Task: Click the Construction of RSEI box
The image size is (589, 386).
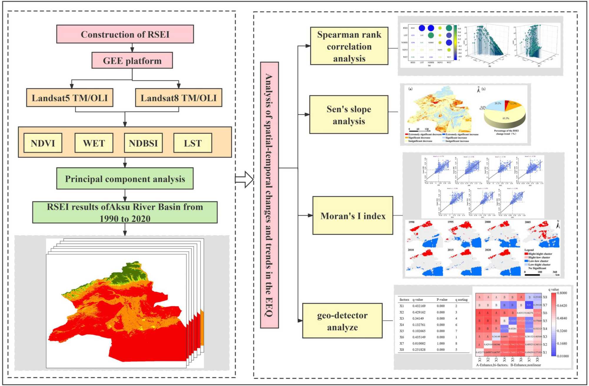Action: pos(125,34)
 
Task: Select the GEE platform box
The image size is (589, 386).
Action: pos(132,61)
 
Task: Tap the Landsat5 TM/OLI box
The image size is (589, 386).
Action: pos(70,98)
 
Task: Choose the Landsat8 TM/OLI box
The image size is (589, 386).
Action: pos(178,98)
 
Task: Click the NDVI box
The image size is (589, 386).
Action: pos(43,143)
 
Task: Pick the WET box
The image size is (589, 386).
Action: pos(94,143)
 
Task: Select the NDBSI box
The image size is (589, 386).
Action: pos(143,143)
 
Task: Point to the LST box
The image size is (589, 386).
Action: pos(193,143)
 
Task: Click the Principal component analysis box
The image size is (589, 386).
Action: pos(125,179)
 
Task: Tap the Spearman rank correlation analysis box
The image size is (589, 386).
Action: pos(349,46)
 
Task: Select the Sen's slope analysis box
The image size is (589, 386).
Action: pos(349,115)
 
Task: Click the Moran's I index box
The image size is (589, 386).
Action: pos(353,216)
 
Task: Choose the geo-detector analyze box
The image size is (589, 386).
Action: pos(342,321)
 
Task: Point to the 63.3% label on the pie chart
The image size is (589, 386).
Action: pos(506,118)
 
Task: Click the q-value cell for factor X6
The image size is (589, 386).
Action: pos(419,337)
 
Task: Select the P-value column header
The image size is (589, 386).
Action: pos(442,300)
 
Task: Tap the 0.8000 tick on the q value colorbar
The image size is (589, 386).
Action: pos(562,293)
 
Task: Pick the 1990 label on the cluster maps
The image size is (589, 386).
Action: pos(411,222)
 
